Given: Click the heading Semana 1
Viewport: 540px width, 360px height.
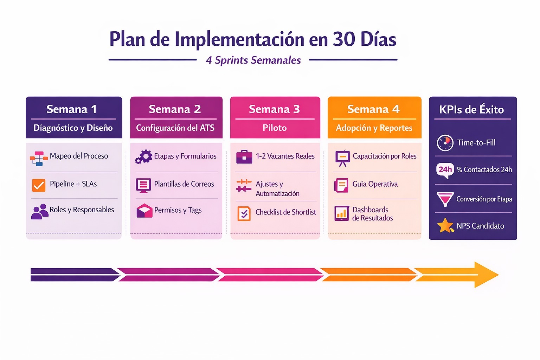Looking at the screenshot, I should click(71, 109).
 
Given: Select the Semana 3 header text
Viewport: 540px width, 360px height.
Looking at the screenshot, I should click(274, 109).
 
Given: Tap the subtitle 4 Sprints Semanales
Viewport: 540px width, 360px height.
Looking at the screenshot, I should click(253, 60).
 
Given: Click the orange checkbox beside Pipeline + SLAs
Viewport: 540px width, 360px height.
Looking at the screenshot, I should click(39, 185).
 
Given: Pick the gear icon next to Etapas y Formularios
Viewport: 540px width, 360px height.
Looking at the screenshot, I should click(144, 157).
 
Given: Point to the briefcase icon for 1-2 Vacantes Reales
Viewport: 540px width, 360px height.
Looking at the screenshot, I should click(244, 157).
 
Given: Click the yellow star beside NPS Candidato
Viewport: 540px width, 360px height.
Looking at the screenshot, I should click(445, 226).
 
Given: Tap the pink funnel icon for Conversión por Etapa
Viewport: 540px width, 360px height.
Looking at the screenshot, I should click(445, 199).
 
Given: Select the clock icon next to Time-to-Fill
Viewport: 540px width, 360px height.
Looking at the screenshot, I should click(445, 143).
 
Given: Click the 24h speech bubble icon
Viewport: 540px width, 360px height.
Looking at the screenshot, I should click(445, 170).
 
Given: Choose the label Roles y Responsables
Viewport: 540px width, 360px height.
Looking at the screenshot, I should click(82, 210).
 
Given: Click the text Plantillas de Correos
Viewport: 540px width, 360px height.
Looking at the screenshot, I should click(184, 184).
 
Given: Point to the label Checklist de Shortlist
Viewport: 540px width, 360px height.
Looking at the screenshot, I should click(285, 212).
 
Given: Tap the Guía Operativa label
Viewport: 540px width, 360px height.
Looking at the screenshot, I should click(375, 184).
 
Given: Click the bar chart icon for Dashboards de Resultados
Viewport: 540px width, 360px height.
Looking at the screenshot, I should click(342, 213).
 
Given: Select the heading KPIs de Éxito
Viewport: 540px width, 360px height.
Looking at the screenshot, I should click(471, 110).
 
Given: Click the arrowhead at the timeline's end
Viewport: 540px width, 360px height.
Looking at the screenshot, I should click(487, 275).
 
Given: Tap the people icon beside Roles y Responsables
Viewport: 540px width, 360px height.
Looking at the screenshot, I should click(40, 212).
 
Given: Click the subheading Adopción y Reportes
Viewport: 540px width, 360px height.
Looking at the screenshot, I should click(374, 128).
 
